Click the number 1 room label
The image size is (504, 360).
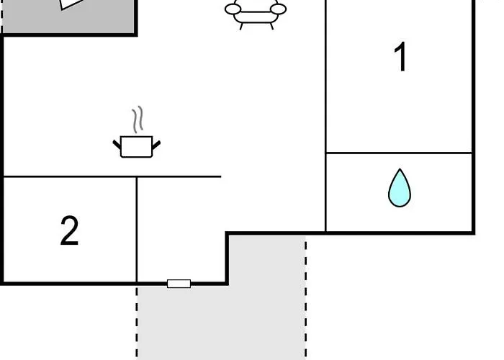400,57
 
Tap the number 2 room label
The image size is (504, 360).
69,230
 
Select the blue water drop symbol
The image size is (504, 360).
400,188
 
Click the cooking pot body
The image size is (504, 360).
137,147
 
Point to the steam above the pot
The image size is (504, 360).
138,120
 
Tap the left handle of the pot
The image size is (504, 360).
117,145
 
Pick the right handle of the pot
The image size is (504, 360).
156,145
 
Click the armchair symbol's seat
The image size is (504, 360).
256,17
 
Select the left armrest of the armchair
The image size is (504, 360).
233,9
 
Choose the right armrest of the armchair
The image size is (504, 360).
279,9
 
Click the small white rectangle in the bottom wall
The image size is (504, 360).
179,284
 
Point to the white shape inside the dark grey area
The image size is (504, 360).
71,4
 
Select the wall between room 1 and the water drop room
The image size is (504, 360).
399,153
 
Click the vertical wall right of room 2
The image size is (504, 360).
137,230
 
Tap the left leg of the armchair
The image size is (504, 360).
241,27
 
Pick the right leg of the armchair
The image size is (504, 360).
271,27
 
